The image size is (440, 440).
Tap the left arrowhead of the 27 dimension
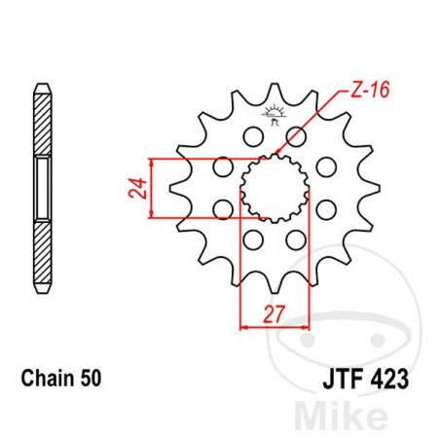pos(244,328)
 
